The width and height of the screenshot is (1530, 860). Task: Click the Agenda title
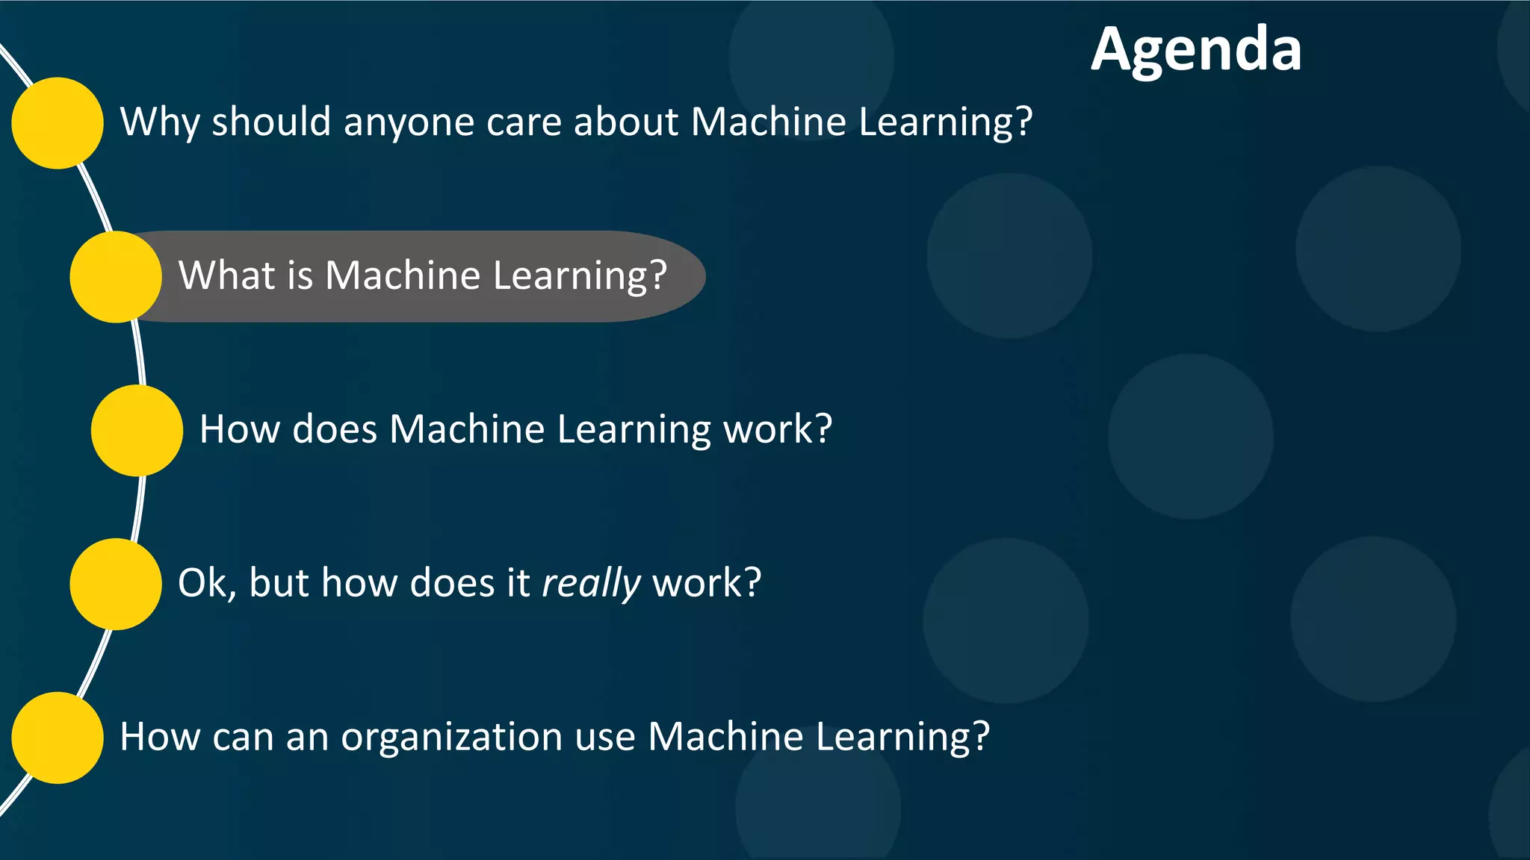coord(1196,50)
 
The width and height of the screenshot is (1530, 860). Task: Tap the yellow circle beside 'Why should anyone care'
coord(58,123)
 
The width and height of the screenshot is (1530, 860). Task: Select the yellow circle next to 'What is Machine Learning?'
coord(116,277)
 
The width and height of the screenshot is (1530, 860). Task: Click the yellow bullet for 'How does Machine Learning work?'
coord(137,431)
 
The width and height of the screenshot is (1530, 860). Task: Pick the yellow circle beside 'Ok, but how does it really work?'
coord(116,584)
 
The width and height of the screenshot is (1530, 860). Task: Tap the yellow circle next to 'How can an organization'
coord(58,738)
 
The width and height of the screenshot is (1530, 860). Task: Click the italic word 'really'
coord(591,583)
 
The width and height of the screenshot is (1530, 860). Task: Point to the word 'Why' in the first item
coord(159,122)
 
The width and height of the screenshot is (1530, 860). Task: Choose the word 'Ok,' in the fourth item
coord(207,583)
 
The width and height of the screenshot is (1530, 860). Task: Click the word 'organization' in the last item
coord(452,738)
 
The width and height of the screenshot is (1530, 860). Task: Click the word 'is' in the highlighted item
coord(300,275)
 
